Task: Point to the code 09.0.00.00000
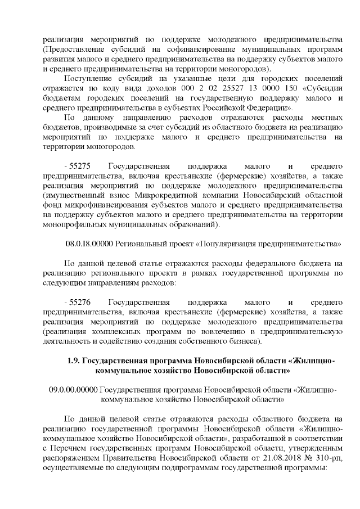[x=74, y=389]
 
